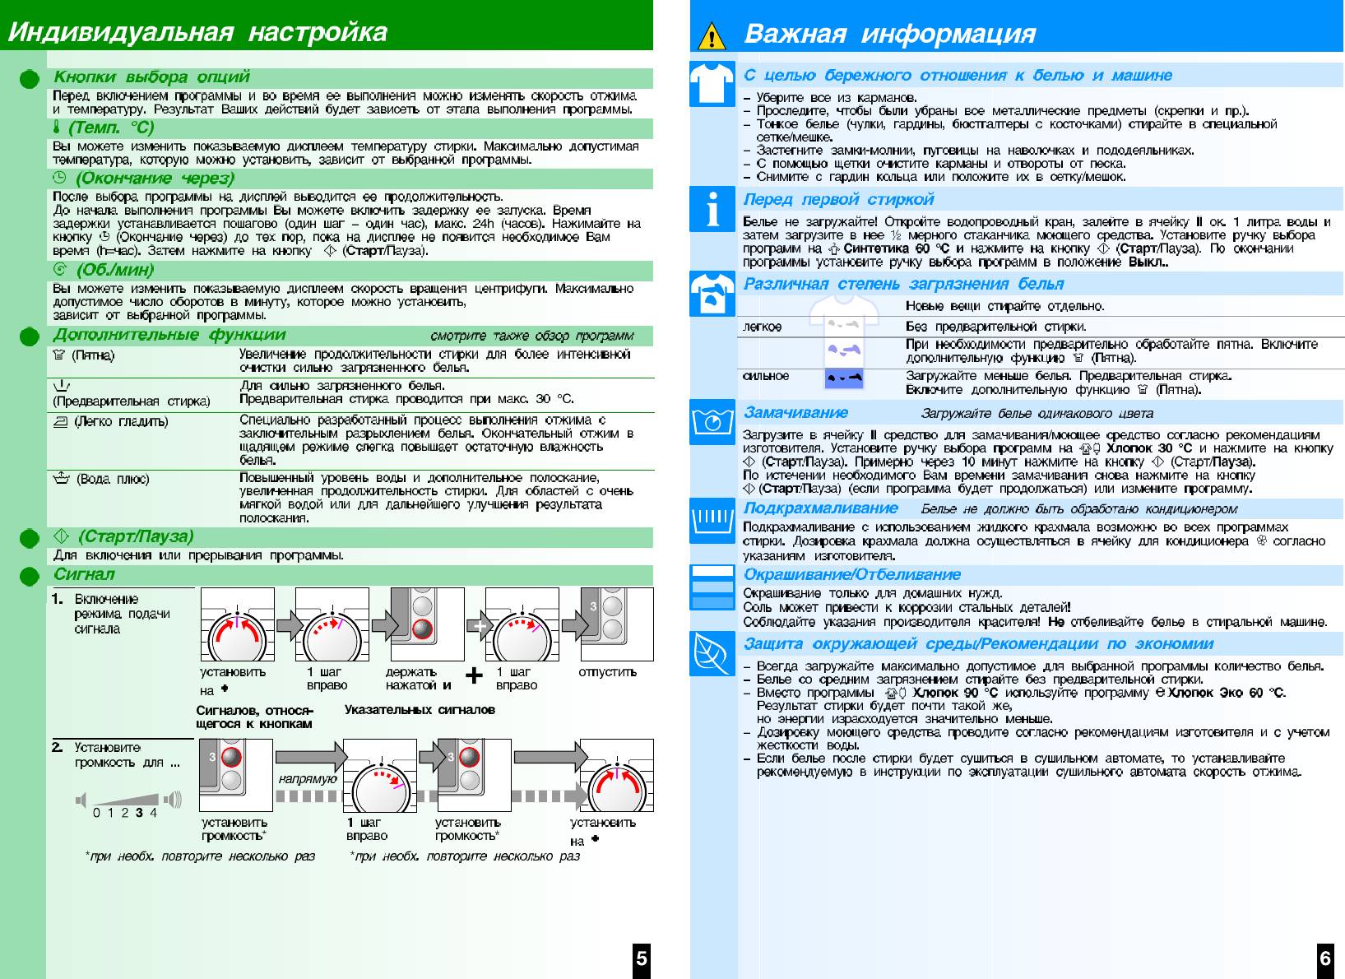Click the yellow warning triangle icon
click(711, 36)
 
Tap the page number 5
click(642, 958)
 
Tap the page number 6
click(1325, 958)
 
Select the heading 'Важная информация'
click(889, 34)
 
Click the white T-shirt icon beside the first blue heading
click(712, 83)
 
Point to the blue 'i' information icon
click(712, 209)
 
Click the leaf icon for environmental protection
click(712, 653)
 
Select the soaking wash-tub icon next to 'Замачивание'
click(712, 421)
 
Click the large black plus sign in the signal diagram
click(475, 676)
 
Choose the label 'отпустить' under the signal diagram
click(607, 672)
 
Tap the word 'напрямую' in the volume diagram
click(307, 778)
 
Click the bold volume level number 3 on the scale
click(139, 813)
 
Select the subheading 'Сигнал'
click(84, 574)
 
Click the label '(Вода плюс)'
click(113, 479)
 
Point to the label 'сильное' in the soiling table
click(765, 376)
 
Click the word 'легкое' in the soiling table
click(762, 327)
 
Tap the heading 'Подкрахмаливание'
click(820, 508)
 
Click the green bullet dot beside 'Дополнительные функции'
click(30, 336)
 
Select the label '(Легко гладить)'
click(121, 421)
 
